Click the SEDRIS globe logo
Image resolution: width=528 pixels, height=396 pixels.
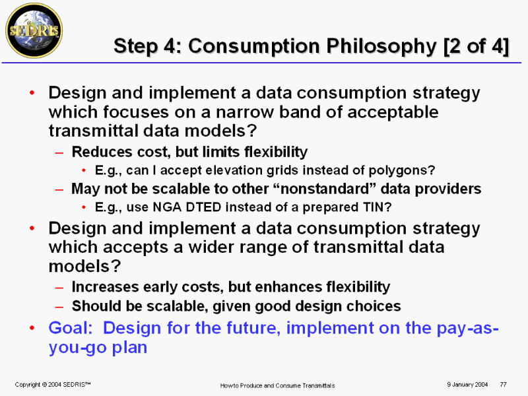point(34,30)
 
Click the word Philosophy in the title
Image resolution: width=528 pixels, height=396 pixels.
point(381,47)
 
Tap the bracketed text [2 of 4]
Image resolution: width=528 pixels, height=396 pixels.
point(476,46)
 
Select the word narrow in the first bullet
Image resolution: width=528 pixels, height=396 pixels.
point(245,112)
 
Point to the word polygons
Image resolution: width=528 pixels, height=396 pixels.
point(401,171)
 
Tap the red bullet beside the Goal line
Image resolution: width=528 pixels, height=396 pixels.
point(32,327)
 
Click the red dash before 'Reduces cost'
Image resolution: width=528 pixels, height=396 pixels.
point(59,153)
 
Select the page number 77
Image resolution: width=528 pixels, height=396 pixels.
point(503,384)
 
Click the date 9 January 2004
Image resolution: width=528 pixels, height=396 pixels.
point(467,384)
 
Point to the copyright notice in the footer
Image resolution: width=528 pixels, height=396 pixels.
point(53,384)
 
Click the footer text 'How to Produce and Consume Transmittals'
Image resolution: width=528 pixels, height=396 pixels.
point(277,385)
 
